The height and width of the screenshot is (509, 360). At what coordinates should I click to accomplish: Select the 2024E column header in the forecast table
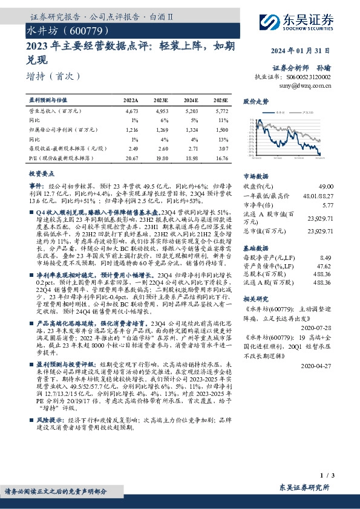[x=191, y=100]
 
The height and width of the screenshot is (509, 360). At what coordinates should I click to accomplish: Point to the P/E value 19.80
[x=161, y=157]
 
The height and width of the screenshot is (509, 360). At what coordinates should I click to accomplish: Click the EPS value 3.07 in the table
[x=222, y=148]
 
